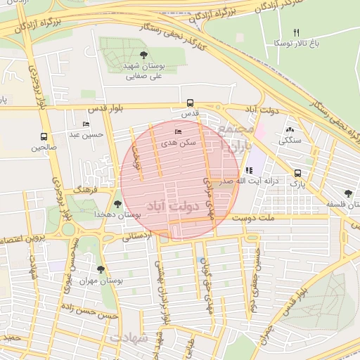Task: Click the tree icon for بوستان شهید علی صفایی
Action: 144,55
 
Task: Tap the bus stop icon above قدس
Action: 190,102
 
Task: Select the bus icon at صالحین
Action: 44,137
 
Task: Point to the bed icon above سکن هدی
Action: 177,131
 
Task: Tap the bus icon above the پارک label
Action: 298,173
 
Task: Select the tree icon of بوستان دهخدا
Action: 117,203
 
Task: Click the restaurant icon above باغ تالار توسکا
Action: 296,33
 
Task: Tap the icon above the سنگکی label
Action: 290,129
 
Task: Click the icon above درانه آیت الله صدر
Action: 249,170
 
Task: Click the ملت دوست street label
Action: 253,219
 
